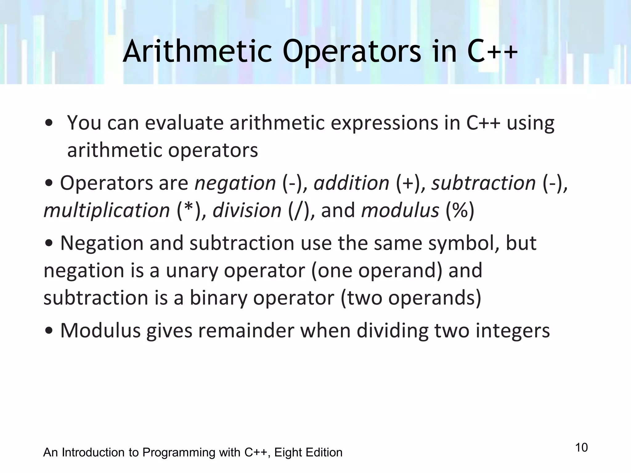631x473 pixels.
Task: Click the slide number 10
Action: tap(581, 447)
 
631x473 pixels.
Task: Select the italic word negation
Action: tap(235, 183)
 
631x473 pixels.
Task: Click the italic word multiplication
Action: tap(107, 210)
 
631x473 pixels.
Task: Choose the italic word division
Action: tap(247, 210)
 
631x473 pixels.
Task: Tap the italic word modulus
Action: tap(400, 210)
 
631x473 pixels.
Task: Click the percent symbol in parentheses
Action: tap(460, 211)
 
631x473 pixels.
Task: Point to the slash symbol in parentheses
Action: tap(298, 211)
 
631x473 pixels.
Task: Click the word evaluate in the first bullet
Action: tap(184, 123)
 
